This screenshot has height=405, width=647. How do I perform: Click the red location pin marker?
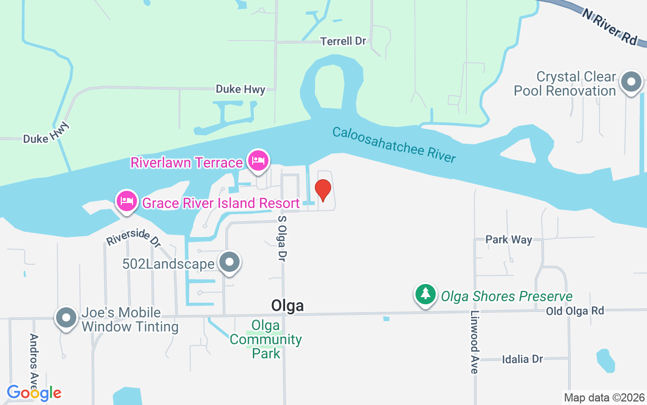click(x=322, y=189)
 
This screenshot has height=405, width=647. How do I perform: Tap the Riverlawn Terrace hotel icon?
click(x=258, y=161)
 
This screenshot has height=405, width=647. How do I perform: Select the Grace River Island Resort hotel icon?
click(x=126, y=201)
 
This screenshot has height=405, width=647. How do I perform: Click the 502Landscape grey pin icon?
click(x=230, y=263)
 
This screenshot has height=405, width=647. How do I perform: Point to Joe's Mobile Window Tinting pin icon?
click(x=66, y=318)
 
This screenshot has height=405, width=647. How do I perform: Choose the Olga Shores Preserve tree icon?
click(x=426, y=294)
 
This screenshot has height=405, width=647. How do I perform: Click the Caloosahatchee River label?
click(x=394, y=145)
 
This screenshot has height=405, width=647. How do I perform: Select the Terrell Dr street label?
click(x=343, y=41)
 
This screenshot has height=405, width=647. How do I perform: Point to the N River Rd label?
click(x=610, y=27)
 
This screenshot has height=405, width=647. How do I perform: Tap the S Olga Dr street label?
click(x=282, y=238)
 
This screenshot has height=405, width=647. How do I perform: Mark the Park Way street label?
click(x=509, y=239)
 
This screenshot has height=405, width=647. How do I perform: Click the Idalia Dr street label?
click(x=522, y=359)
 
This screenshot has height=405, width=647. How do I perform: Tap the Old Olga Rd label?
click(x=575, y=310)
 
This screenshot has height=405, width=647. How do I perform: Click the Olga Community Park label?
click(x=266, y=339)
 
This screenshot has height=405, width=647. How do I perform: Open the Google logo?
click(x=34, y=393)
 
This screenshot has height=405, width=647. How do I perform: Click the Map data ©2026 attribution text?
click(x=604, y=397)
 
